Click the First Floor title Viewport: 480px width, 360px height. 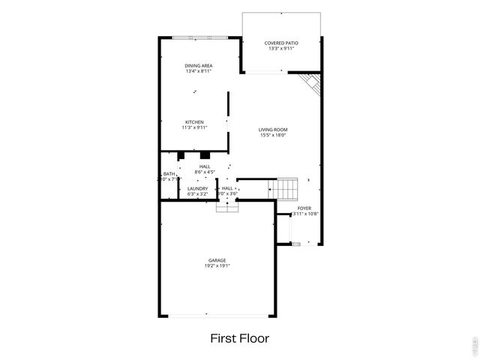[239, 338]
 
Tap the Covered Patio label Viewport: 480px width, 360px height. [281, 43]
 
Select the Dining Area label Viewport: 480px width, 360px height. [199, 66]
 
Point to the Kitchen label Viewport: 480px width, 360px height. [194, 122]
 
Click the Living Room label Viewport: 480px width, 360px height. [274, 130]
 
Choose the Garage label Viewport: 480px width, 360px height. [217, 260]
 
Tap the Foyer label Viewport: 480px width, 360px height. [304, 208]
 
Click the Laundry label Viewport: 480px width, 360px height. [197, 189]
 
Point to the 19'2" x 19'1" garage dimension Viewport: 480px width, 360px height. [217, 266]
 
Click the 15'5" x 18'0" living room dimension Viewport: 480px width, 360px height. [274, 136]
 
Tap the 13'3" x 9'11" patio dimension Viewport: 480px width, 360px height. [281, 49]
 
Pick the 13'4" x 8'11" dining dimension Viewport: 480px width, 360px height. [199, 72]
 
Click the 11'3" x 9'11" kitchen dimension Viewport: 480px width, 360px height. [194, 128]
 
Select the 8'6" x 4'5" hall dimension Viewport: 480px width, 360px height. [204, 172]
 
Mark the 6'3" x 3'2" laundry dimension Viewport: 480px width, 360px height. [197, 195]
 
